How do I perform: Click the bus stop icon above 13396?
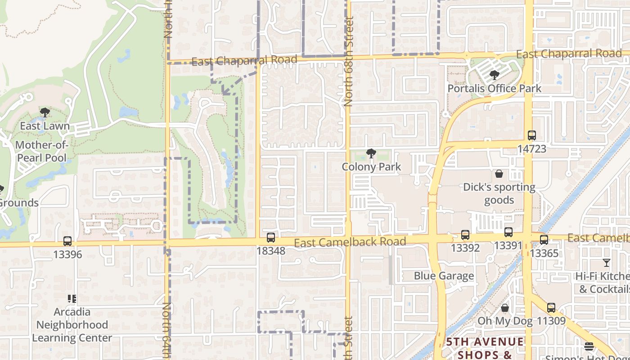(67, 241)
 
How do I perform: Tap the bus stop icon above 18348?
(270, 238)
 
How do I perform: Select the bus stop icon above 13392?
(465, 235)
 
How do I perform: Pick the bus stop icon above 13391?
(508, 232)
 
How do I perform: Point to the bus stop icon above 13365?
(544, 239)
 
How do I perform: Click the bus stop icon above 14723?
(532, 135)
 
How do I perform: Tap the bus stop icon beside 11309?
(551, 308)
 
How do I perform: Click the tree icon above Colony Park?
(371, 154)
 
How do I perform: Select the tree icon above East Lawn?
(45, 112)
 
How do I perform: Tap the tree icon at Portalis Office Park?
(495, 75)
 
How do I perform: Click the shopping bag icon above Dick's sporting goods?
(499, 174)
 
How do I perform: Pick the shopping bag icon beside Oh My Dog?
(505, 308)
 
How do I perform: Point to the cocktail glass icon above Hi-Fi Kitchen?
(607, 263)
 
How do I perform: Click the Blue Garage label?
(444, 276)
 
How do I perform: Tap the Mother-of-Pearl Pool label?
(41, 151)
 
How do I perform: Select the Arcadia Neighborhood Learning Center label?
(72, 324)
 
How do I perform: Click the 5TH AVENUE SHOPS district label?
(485, 348)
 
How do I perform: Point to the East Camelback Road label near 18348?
(350, 243)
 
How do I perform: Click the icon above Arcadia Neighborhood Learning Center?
(72, 298)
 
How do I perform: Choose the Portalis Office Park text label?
(495, 88)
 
